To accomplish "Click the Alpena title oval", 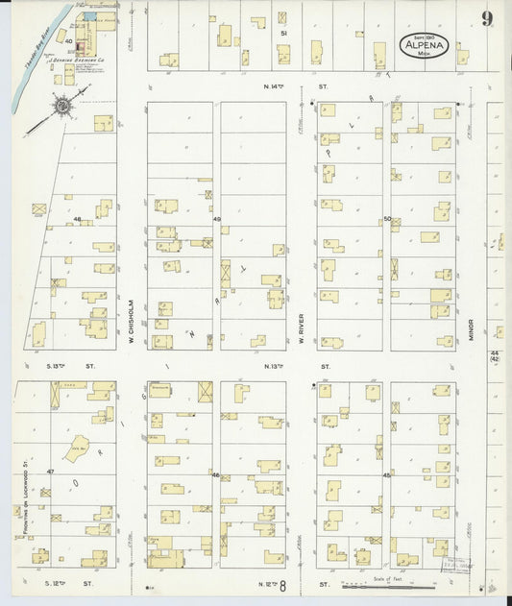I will click(424, 45).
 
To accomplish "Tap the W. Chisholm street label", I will click(131, 308).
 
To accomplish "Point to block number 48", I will click(77, 220).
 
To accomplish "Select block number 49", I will click(217, 220).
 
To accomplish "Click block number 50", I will click(387, 219).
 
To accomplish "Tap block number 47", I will click(50, 473).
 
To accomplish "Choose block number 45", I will click(386, 474).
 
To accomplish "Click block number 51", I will click(282, 33).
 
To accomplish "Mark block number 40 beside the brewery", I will click(68, 41).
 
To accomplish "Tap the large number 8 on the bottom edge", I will click(282, 584).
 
